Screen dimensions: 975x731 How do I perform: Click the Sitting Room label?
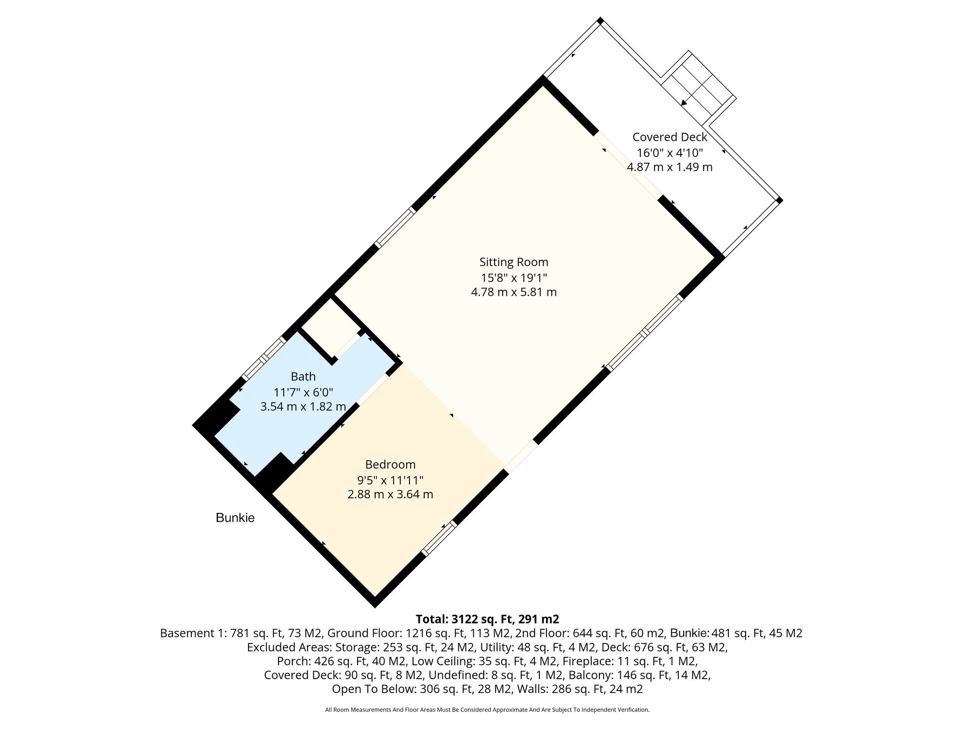514,262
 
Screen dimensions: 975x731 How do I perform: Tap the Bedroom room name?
390,464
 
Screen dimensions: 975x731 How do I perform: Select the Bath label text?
303,376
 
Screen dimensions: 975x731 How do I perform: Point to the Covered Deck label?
670,137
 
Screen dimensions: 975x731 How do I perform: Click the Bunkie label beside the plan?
235,518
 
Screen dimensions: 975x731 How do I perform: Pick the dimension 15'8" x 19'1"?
514,277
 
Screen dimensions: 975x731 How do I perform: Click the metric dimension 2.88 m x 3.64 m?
390,494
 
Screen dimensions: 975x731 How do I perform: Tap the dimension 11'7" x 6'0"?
303,392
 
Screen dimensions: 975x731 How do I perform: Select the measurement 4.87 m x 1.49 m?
670,167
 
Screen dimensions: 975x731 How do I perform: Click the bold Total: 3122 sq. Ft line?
487,619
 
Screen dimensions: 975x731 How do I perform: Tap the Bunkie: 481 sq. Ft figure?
736,633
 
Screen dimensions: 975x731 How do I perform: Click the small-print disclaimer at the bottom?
487,710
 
